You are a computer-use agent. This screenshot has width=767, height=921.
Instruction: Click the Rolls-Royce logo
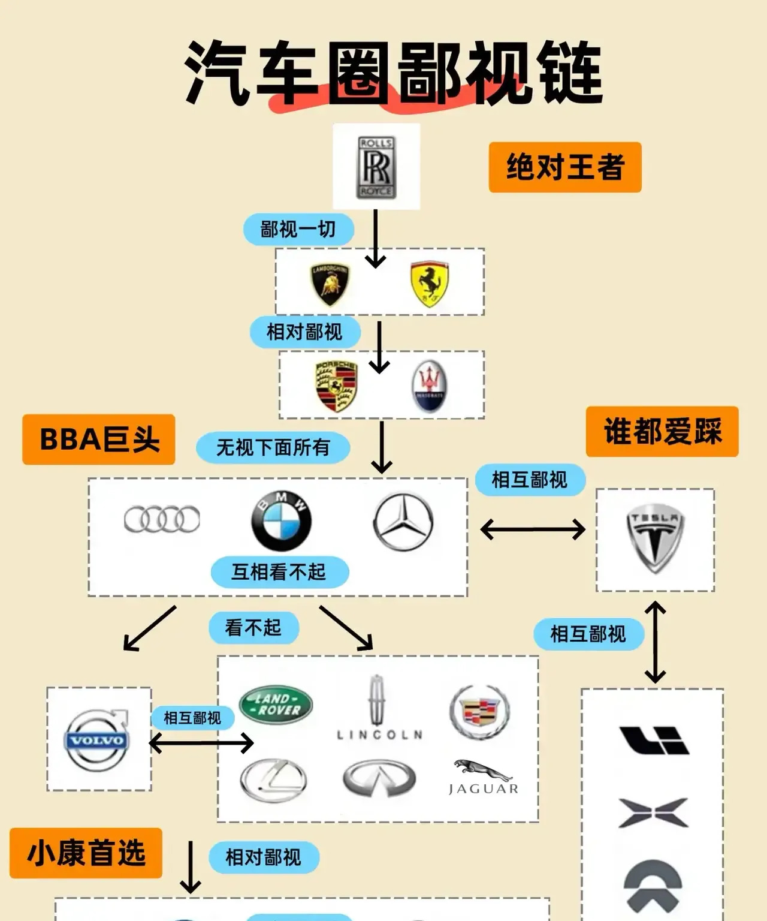[x=376, y=167]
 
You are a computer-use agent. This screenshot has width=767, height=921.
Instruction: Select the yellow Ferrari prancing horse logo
[x=430, y=284]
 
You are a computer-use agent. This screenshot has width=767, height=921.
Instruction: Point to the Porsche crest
[x=336, y=386]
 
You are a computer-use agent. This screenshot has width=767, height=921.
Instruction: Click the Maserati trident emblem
[x=429, y=387]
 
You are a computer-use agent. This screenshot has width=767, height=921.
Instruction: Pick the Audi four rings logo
[x=162, y=519]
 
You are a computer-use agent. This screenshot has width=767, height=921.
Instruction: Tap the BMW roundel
[x=281, y=521]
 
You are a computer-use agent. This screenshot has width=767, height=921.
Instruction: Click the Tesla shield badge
[x=655, y=538]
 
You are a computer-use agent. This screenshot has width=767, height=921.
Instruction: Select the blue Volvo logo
[x=97, y=741]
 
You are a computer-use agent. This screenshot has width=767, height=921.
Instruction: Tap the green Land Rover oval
[x=276, y=705]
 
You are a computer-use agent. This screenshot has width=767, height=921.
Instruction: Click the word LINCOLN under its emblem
[x=380, y=735]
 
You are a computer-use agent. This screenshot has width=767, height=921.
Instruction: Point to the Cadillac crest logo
[x=479, y=711]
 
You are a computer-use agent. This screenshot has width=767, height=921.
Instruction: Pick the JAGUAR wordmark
[x=483, y=788]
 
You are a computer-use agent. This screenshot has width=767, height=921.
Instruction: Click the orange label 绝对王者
[x=564, y=167]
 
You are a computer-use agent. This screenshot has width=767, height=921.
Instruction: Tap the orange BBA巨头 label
[x=99, y=440]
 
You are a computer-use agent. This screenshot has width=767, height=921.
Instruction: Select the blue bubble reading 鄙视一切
[x=298, y=229]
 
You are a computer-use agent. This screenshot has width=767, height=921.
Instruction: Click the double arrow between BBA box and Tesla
[x=533, y=529]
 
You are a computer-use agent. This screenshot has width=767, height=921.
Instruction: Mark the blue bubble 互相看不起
[x=279, y=572]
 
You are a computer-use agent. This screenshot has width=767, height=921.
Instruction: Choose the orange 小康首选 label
[x=86, y=853]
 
